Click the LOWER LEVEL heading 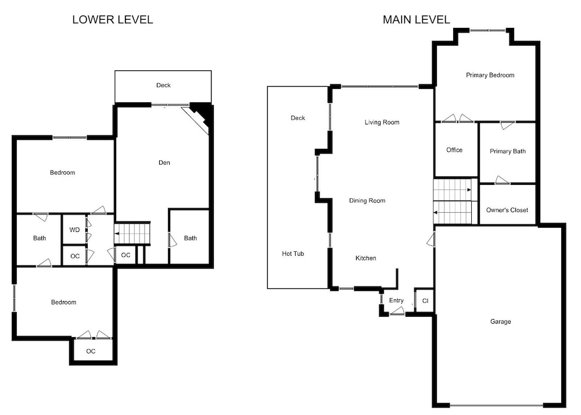pyautogui.click(x=113, y=20)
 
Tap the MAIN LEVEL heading pyautogui.click(x=417, y=20)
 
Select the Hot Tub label pyautogui.click(x=293, y=254)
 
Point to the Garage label pyautogui.click(x=501, y=321)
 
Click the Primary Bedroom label pyautogui.click(x=490, y=75)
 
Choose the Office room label pyautogui.click(x=454, y=150)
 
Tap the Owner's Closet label pyautogui.click(x=507, y=210)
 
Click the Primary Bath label pyautogui.click(x=508, y=151)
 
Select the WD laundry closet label pyautogui.click(x=74, y=230)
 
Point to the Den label pyautogui.click(x=164, y=163)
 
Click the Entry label pyautogui.click(x=396, y=300)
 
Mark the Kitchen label pyautogui.click(x=365, y=258)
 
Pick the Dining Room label pyautogui.click(x=367, y=201)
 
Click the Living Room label pyautogui.click(x=382, y=122)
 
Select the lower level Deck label pyautogui.click(x=163, y=85)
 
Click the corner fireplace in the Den pyautogui.click(x=200, y=116)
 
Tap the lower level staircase pyautogui.click(x=132, y=234)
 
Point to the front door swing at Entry pyautogui.click(x=397, y=312)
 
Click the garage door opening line pyautogui.click(x=497, y=405)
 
